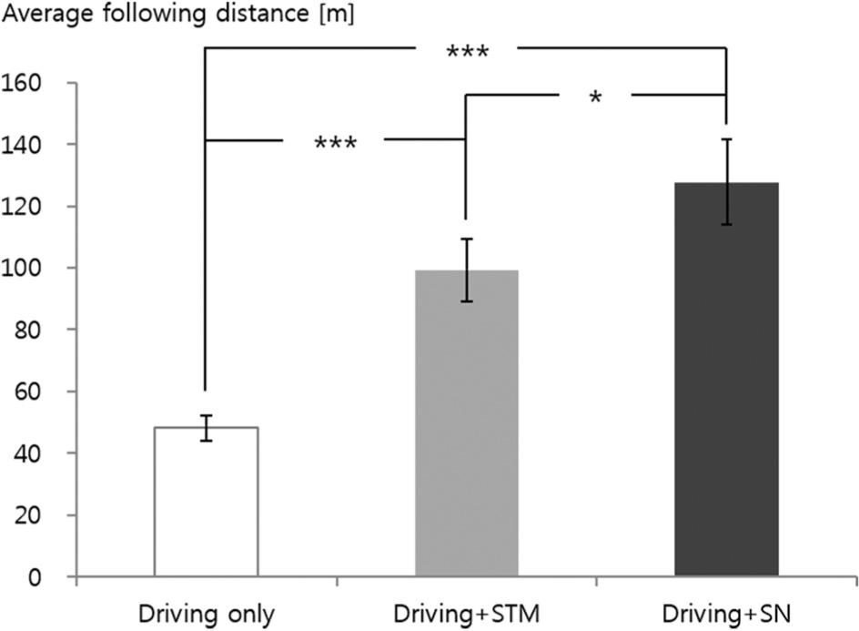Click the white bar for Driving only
point(206,502)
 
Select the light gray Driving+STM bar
point(466,423)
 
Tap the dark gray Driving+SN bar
point(726,380)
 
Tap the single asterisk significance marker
point(594,97)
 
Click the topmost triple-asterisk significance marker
point(468,51)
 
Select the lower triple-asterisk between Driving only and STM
point(335,144)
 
